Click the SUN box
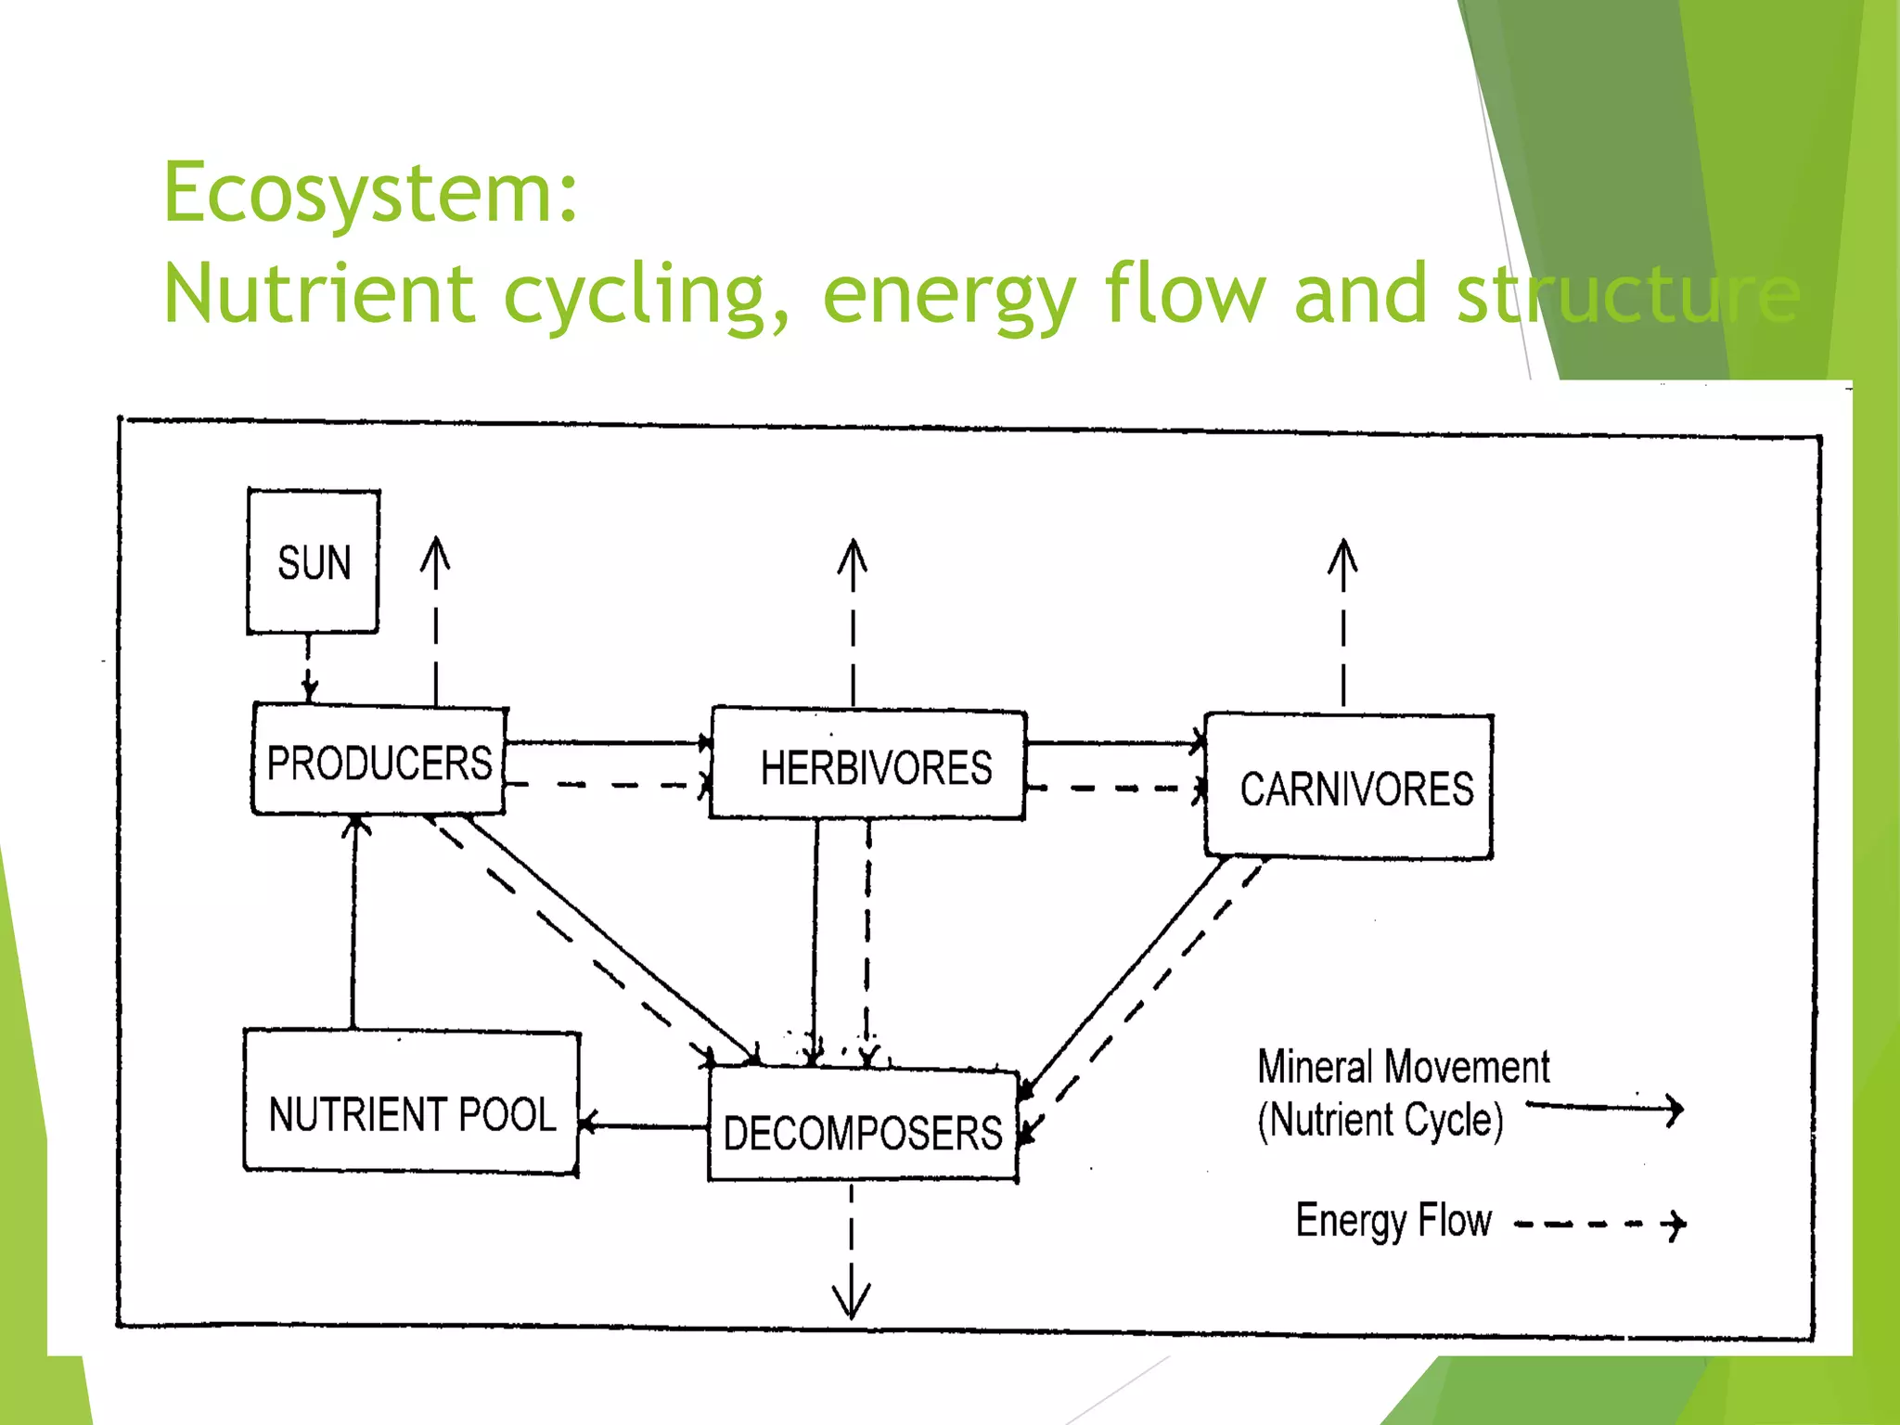pos(314,562)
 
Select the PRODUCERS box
pos(379,762)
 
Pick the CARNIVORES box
pos(1350,788)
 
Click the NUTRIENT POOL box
pos(412,1104)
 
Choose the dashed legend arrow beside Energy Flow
pos(1601,1226)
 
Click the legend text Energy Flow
pos(1393,1221)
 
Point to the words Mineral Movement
pos(1403,1068)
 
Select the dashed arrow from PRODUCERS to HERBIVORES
pos(609,786)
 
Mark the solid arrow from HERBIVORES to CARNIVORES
pos(1113,743)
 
